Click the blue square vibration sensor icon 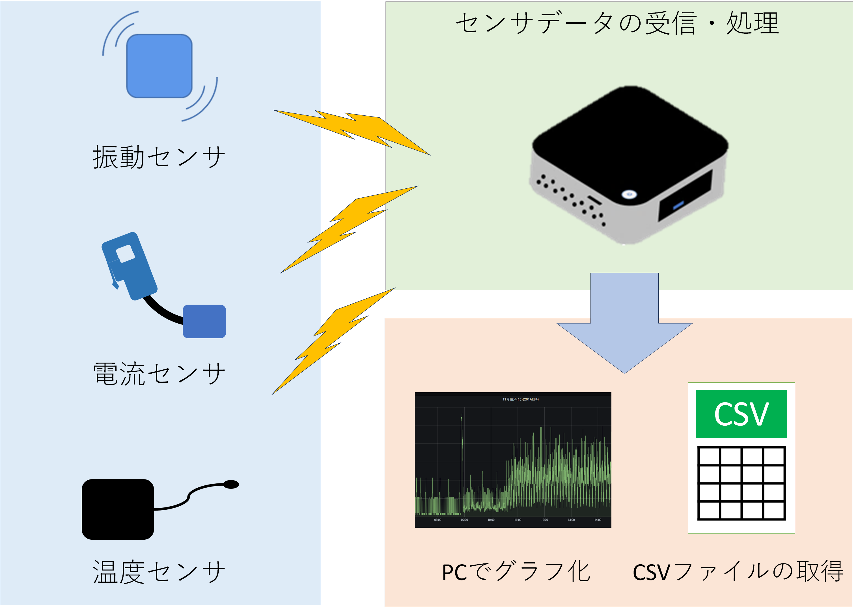pyautogui.click(x=159, y=66)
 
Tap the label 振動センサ pyautogui.click(x=159, y=157)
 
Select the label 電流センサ pyautogui.click(x=159, y=374)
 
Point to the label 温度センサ pyautogui.click(x=159, y=572)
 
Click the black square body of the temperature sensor pyautogui.click(x=118, y=509)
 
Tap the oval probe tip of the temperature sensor pyautogui.click(x=231, y=485)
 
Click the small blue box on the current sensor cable pyautogui.click(x=204, y=321)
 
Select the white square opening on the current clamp pyautogui.click(x=126, y=254)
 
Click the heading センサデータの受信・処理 pyautogui.click(x=617, y=23)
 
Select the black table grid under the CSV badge pyautogui.click(x=741, y=483)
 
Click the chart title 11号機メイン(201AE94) pyautogui.click(x=520, y=399)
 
